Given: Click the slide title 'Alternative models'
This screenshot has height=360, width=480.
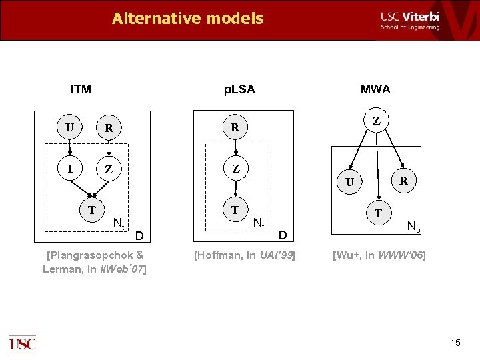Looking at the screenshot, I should point(187,19).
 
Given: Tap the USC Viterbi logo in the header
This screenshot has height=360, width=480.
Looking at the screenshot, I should point(410,20).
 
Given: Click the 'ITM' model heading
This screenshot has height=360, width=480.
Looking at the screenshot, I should point(81,89).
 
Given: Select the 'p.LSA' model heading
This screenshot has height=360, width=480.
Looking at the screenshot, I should point(239,89).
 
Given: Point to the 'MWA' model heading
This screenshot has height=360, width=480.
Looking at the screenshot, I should point(375,89).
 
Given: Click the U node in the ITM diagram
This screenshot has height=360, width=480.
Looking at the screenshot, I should point(70,127).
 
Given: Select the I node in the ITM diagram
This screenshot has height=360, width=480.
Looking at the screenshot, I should point(70,169).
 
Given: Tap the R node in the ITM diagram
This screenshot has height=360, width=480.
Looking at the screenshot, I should point(108,127).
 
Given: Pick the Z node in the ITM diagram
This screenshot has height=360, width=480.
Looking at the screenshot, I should point(108,170).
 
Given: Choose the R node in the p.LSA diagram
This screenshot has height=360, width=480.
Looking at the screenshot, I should point(235,127).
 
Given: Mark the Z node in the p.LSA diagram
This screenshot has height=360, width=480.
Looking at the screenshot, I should point(235,169).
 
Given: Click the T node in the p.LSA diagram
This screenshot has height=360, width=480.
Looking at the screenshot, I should point(235,210).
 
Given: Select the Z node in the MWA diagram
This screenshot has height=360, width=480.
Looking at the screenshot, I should point(377,121).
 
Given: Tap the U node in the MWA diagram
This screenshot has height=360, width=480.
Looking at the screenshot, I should point(349,181).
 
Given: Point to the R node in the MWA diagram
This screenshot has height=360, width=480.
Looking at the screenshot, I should point(403,180).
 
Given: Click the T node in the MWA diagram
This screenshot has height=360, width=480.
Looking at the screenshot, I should point(378,213).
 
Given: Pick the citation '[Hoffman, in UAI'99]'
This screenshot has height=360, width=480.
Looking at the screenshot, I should point(243,255).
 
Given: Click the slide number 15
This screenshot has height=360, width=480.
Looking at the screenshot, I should point(455,343).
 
